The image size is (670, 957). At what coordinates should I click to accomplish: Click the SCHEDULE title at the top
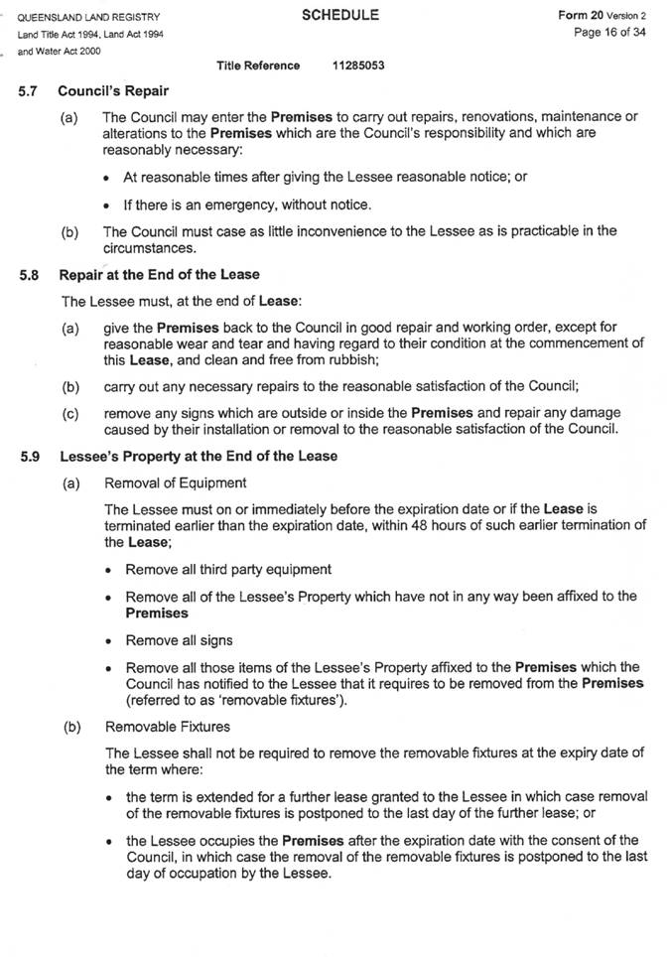click(339, 16)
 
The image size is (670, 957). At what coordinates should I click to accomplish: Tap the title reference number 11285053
click(359, 66)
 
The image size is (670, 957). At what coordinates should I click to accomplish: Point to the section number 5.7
click(29, 90)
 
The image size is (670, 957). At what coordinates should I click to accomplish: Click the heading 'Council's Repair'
click(112, 90)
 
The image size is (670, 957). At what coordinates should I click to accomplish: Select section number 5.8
click(29, 275)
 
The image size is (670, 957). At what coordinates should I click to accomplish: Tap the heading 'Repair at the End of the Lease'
click(159, 275)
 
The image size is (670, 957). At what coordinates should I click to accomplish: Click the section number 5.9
click(29, 457)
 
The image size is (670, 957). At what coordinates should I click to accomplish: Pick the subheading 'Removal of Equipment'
click(175, 483)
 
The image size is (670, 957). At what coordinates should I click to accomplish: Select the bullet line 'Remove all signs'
click(179, 640)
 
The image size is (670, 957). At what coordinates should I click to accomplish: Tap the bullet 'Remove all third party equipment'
click(228, 570)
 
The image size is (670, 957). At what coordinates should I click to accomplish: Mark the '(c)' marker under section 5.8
click(69, 413)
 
